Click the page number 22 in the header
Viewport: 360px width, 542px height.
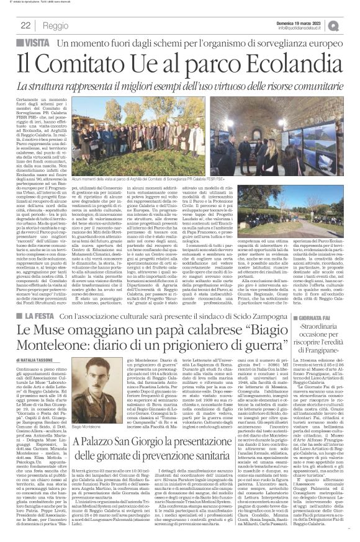pyautogui.click(x=26, y=26)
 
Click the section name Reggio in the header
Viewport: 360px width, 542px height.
pyautogui.click(x=56, y=26)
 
